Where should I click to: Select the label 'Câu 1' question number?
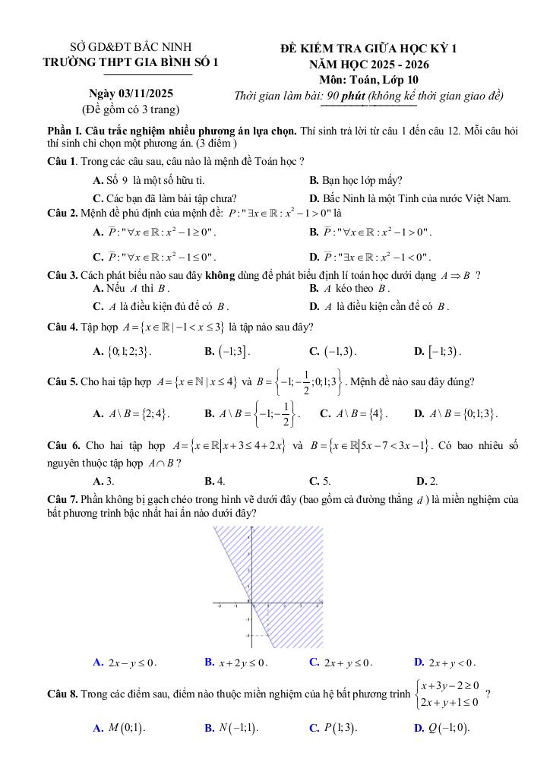pos(61,161)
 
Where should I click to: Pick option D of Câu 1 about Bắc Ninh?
pos(409,199)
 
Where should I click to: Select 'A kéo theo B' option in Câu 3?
pos(350,289)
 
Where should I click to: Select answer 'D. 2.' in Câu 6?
pos(427,481)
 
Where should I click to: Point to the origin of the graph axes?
pos(250,604)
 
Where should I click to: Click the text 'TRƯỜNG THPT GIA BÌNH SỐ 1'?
pos(131,63)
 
